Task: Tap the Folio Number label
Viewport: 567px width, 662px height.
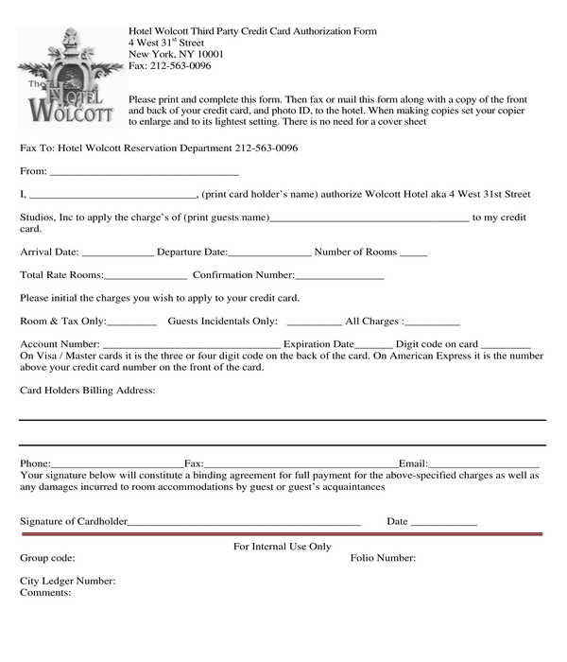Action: (383, 558)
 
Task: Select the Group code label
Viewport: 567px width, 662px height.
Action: (47, 558)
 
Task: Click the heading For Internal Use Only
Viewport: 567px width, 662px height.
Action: (282, 547)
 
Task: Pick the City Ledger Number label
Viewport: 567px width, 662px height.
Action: (68, 581)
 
